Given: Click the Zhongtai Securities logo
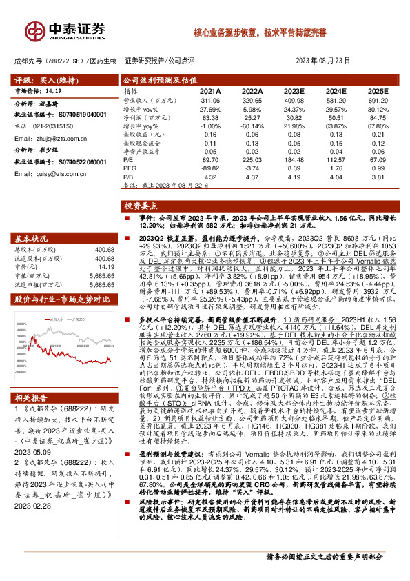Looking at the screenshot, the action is click(65, 30).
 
